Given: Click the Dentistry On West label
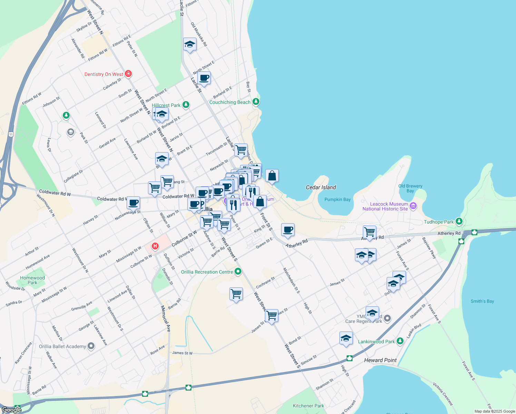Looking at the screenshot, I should pyautogui.click(x=104, y=74).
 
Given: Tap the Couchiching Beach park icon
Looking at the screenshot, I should pyautogui.click(x=256, y=102).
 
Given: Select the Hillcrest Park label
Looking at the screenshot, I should pyautogui.click(x=166, y=105).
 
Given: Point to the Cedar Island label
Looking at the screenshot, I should pyautogui.click(x=321, y=187).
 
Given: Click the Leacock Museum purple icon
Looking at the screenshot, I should pyautogui.click(x=413, y=206).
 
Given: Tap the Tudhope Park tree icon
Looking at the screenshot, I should pyautogui.click(x=458, y=221).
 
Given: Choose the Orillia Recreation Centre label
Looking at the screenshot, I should pyautogui.click(x=207, y=272).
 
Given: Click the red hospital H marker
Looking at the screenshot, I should pyautogui.click(x=155, y=246).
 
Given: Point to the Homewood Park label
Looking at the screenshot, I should pyautogui.click(x=32, y=280).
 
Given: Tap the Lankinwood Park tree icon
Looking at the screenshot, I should pyautogui.click(x=400, y=341).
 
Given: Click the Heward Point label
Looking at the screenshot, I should pyautogui.click(x=380, y=360).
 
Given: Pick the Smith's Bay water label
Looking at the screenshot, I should pyautogui.click(x=482, y=301).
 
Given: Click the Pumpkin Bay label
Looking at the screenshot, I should pyautogui.click(x=337, y=199).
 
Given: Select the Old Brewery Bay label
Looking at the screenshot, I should pyautogui.click(x=410, y=188).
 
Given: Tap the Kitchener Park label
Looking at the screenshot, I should pyautogui.click(x=308, y=406).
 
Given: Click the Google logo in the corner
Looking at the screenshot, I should pyautogui.click(x=11, y=410).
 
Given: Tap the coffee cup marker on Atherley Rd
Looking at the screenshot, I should pyautogui.click(x=288, y=230).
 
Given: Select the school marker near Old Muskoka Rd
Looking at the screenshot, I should pyautogui.click(x=190, y=45).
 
